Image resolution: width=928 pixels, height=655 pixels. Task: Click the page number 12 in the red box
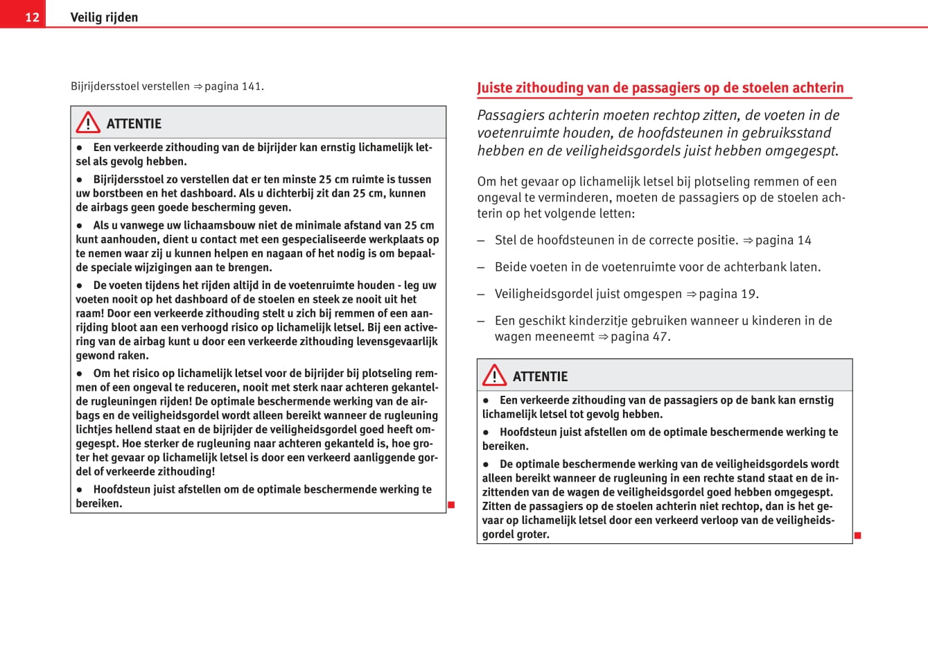pos(32,17)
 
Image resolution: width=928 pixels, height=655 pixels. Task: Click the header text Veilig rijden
pos(104,17)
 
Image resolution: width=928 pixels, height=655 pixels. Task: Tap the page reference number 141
pos(252,87)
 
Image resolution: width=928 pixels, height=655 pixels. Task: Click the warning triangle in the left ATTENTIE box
pos(88,123)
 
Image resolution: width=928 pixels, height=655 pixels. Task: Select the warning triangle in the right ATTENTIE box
pos(494,376)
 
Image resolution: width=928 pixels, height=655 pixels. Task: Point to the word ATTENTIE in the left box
pos(134,124)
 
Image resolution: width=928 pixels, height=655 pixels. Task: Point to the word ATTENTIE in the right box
pos(540,377)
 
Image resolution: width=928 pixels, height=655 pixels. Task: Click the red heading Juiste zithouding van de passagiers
pos(660,88)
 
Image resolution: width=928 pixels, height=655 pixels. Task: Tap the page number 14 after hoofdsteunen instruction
pos(804,241)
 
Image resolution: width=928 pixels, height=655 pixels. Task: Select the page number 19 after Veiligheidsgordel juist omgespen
pos(748,294)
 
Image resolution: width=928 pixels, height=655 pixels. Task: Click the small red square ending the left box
pos(451,505)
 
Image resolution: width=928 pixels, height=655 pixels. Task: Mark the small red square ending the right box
pos(857,535)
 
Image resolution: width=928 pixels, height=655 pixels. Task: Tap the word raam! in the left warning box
pos(90,313)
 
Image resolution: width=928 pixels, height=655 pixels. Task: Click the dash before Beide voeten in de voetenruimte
pos(481,268)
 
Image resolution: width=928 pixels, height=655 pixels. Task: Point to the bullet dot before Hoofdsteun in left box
pos(80,489)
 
